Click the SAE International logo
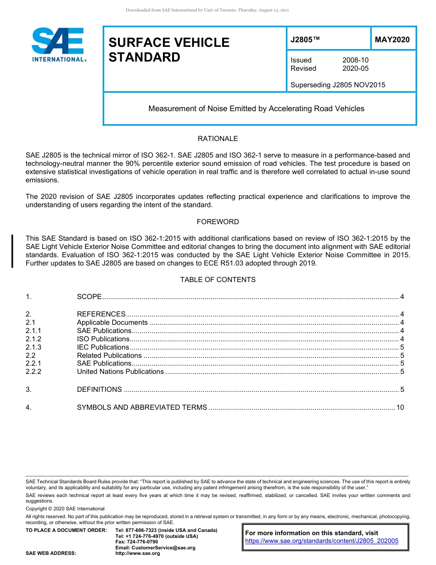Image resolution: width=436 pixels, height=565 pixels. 59,45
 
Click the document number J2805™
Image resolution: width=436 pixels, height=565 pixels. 305,40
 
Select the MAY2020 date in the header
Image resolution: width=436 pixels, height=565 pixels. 392,40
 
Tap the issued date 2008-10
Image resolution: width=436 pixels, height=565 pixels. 355,60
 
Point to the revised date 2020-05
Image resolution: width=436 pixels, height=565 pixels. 355,68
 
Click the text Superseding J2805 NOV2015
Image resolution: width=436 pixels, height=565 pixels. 338,85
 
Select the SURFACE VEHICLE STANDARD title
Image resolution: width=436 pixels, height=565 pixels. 168,50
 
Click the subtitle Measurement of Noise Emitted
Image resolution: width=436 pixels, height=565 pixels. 256,109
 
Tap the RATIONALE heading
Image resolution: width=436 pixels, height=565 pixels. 218,139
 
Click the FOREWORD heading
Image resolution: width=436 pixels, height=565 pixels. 218,222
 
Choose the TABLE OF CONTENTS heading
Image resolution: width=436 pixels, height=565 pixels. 218,280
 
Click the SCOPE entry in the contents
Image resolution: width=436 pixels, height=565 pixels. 89,297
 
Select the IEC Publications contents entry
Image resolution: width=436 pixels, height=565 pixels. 103,347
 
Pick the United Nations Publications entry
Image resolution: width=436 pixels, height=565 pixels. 120,372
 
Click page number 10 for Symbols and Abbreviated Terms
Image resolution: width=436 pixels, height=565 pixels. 400,407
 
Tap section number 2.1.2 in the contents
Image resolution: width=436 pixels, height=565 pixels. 34,339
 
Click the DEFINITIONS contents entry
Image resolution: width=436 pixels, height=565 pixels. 99,390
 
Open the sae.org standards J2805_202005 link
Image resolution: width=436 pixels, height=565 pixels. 322,541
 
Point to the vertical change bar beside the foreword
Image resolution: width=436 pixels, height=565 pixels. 12,251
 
